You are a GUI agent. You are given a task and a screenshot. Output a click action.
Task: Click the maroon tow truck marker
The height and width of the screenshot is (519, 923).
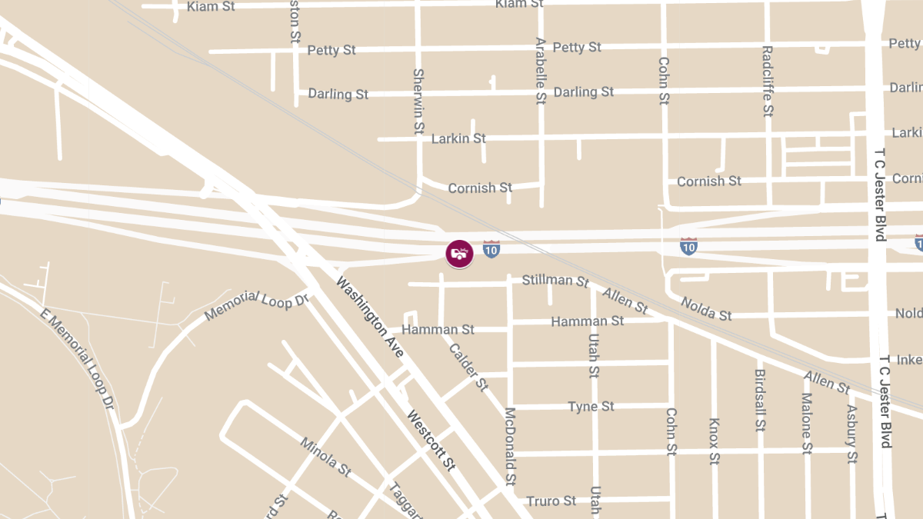(459, 253)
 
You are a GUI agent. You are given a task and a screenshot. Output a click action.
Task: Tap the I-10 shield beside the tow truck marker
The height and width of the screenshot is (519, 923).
(491, 248)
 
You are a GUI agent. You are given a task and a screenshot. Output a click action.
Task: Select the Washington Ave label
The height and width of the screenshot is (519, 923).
(369, 317)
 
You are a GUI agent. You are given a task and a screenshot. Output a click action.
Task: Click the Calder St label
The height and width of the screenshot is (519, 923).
(468, 366)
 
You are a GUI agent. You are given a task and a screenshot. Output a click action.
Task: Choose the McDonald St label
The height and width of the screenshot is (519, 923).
(509, 447)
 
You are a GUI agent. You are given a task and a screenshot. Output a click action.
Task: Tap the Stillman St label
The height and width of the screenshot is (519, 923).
(555, 280)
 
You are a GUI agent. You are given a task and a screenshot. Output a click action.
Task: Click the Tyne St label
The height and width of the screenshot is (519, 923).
(591, 406)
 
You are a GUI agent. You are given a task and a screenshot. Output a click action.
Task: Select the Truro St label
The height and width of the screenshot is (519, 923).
(551, 501)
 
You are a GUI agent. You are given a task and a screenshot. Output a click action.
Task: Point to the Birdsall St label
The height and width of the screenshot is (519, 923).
(760, 399)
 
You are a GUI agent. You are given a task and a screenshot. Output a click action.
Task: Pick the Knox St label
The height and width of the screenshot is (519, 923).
(714, 441)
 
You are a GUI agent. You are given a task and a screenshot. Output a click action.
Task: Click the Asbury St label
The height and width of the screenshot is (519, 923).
(851, 434)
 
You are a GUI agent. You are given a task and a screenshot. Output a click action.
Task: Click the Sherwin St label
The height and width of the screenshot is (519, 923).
(418, 101)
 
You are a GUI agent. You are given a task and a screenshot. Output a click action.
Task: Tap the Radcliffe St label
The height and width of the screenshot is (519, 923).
(767, 81)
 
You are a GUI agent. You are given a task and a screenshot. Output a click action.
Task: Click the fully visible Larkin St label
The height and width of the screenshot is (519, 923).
(458, 138)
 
